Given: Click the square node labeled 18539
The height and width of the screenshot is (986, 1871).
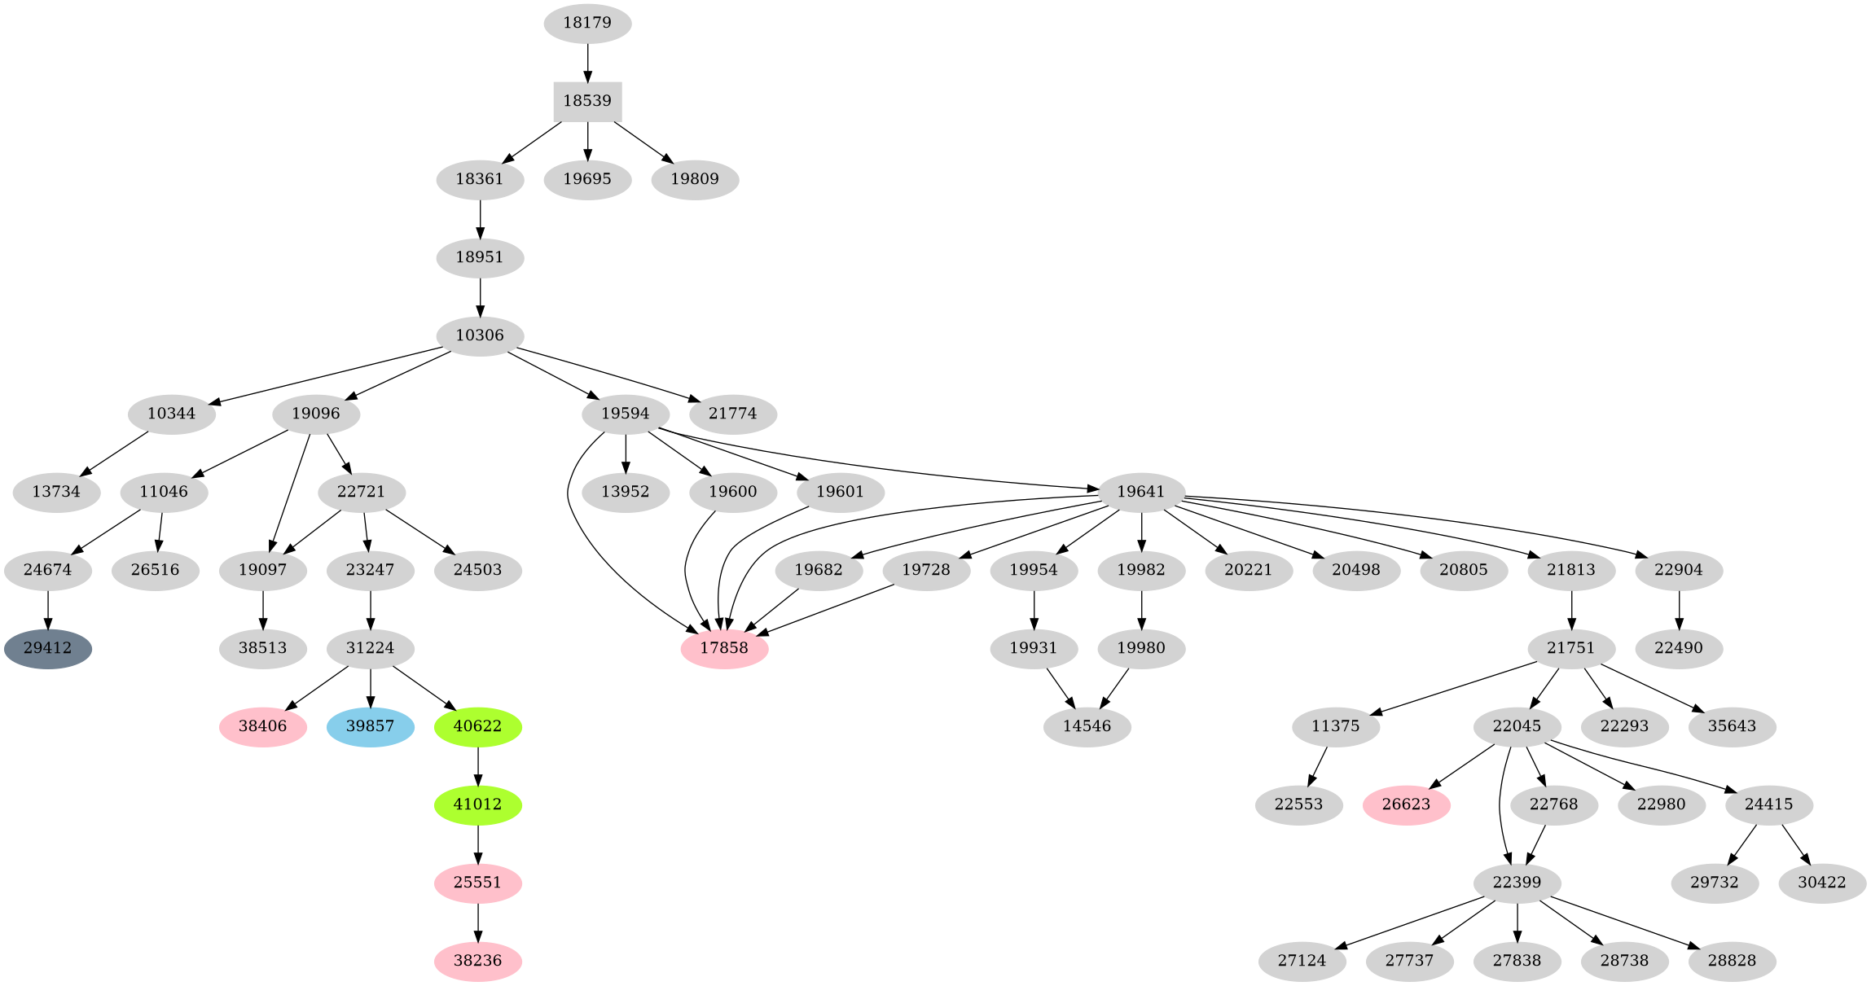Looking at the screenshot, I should pos(587,101).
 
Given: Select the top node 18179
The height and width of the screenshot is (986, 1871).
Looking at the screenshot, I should pos(587,23).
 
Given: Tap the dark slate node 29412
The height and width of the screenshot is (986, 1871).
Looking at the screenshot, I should pos(47,649).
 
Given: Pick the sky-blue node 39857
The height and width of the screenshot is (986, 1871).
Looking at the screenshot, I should pos(370,726).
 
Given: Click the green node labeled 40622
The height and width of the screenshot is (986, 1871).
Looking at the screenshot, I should pos(477,726).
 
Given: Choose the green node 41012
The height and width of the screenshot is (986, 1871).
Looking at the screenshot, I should pos(477,804).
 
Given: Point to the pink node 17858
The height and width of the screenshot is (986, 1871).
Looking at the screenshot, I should pos(724,649).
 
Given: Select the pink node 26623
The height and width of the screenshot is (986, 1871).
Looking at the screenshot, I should pos(1407,804).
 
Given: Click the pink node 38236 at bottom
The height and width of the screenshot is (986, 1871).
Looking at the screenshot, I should pos(477,961).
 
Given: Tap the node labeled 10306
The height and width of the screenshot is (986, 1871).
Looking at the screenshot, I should pos(480,335).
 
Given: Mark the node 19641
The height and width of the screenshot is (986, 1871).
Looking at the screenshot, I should pos(1140,492).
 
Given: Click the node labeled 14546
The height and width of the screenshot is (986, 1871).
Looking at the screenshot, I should pos(1087,726).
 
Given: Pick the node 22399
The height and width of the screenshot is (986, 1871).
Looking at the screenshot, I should pos(1517,883).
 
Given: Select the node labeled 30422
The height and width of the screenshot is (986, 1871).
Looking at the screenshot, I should pos(1822,883).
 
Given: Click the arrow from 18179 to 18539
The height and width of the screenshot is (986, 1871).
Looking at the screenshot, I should pos(587,62).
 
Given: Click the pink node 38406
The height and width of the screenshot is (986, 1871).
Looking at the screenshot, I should pos(262,726).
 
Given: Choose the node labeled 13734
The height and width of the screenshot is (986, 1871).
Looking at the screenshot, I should pos(56,492).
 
